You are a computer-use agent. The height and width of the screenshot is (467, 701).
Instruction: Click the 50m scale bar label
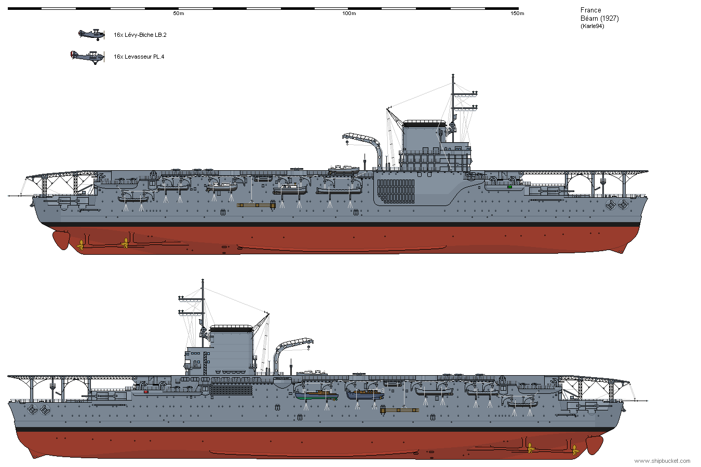pyautogui.click(x=179, y=13)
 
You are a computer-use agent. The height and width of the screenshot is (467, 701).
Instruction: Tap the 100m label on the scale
pyautogui.click(x=349, y=13)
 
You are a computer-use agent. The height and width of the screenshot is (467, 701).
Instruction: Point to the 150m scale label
pyautogui.click(x=517, y=13)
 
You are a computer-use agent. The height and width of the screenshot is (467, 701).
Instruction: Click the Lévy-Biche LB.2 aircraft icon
pyautogui.click(x=91, y=34)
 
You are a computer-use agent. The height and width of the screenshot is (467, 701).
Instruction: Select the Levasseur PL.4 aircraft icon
pyautogui.click(x=88, y=57)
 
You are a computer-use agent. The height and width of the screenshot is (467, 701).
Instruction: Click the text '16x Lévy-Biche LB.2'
pyautogui.click(x=140, y=35)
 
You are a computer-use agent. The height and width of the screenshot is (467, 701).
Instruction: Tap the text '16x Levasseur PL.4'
pyautogui.click(x=139, y=57)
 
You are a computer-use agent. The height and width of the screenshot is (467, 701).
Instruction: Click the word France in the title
pyautogui.click(x=590, y=10)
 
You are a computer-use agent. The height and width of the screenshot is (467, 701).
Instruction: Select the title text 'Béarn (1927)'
pyautogui.click(x=600, y=19)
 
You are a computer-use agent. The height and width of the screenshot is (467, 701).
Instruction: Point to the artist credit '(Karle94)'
pyautogui.click(x=592, y=26)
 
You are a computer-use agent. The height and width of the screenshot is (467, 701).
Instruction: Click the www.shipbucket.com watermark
pyautogui.click(x=662, y=461)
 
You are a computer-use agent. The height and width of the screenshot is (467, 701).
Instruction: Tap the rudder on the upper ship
pyautogui.click(x=61, y=240)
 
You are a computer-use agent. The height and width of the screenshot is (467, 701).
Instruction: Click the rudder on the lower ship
pyautogui.click(x=594, y=445)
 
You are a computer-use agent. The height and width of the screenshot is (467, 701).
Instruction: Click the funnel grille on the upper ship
pyautogui.click(x=396, y=191)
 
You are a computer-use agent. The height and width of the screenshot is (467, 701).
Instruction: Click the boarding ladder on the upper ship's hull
pyautogui.click(x=257, y=205)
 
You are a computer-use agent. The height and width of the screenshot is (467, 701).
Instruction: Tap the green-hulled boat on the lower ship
pyautogui.click(x=317, y=395)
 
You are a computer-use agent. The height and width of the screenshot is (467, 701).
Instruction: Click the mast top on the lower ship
pyautogui.click(x=203, y=280)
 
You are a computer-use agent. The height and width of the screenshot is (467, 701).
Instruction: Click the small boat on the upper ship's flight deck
pyautogui.click(x=343, y=170)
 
